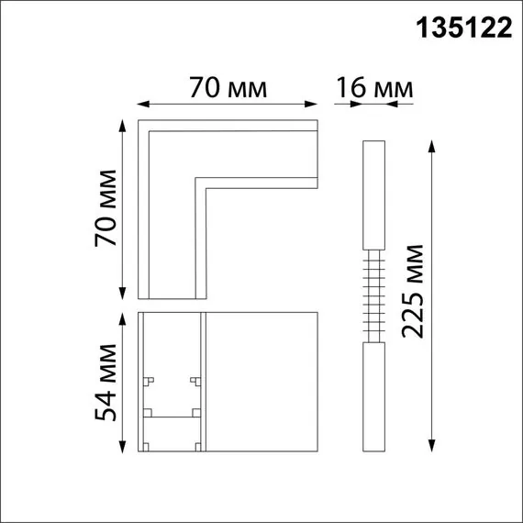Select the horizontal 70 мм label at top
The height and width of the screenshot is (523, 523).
[228, 88]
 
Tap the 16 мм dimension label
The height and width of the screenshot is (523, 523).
[374, 88]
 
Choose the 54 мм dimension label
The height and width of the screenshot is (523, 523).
[107, 382]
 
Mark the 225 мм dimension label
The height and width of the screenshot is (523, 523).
[415, 292]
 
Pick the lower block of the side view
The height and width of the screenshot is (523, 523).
[373, 396]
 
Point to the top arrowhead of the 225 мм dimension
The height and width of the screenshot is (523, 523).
[432, 144]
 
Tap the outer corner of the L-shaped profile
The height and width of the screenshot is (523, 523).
[139, 120]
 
